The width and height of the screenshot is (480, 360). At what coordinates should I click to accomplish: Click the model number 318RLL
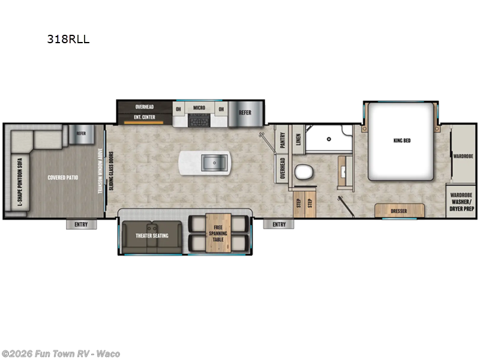tap(68, 40)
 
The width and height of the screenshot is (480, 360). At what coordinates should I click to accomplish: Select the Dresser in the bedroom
tap(399, 211)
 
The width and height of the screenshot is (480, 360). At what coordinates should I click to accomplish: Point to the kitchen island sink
tap(212, 162)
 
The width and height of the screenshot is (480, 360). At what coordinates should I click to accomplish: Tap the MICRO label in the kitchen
tap(199, 109)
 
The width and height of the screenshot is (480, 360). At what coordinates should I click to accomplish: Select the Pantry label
tap(282, 140)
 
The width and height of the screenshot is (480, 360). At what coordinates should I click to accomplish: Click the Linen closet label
tap(298, 140)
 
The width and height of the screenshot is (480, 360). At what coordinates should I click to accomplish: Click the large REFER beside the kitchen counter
tap(245, 112)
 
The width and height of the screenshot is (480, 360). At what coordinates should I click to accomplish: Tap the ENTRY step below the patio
tap(81, 224)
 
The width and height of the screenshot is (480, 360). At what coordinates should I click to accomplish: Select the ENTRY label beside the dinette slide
tap(278, 224)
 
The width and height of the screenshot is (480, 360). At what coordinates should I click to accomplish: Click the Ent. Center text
tap(145, 117)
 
